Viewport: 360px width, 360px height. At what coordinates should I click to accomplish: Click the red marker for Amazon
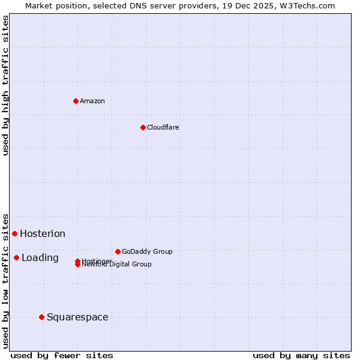[76, 101]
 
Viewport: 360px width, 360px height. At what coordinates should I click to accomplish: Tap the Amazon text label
[92, 101]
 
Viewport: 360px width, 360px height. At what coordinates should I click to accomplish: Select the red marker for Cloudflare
[143, 127]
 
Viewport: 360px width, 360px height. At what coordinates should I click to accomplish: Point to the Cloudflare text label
[163, 127]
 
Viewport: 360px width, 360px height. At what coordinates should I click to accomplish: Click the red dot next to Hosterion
[14, 233]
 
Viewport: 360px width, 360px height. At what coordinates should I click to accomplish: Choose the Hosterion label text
[43, 234]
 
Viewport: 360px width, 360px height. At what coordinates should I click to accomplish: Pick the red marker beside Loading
[16, 257]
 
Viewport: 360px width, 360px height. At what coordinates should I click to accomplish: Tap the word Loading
[40, 258]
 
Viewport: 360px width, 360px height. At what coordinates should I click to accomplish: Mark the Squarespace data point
[41, 317]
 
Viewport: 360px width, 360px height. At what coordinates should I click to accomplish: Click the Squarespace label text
[77, 317]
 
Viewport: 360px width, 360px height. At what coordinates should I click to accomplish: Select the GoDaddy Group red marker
[118, 251]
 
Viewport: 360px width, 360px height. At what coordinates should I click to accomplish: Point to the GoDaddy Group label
[147, 251]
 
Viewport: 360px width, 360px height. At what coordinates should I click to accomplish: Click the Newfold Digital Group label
[117, 265]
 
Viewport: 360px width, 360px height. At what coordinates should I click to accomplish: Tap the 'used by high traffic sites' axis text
[5, 85]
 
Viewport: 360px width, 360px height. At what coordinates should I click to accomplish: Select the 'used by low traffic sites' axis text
[5, 280]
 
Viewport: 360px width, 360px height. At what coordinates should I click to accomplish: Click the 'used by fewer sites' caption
[62, 356]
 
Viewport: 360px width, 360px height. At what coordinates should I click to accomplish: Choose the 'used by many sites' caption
[301, 356]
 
